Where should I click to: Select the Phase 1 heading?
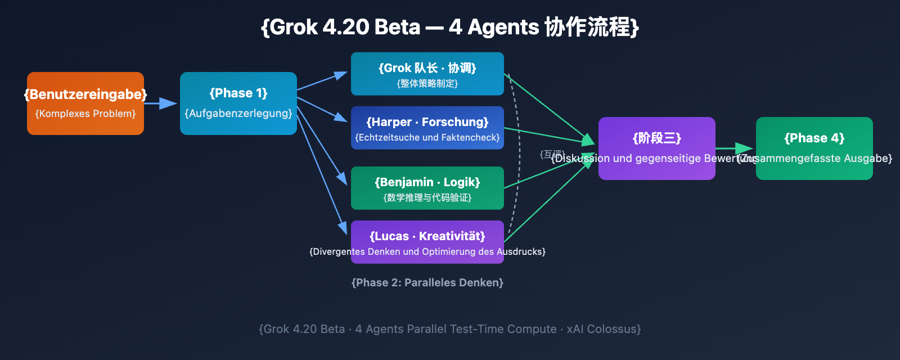click(x=238, y=93)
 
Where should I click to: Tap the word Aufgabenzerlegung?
click(x=238, y=113)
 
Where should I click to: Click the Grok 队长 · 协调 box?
click(x=427, y=74)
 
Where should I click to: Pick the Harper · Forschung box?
click(x=427, y=128)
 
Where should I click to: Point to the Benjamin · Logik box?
click(x=427, y=188)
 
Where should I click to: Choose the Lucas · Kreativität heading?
click(x=427, y=236)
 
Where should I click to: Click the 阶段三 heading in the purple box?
click(x=657, y=138)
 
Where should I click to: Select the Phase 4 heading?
click(x=814, y=138)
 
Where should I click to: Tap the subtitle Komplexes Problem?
click(x=85, y=114)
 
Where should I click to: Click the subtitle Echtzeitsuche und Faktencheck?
click(x=427, y=138)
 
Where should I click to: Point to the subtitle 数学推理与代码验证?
click(x=427, y=198)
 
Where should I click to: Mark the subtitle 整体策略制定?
click(x=427, y=84)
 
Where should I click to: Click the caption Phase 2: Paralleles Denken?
click(x=427, y=282)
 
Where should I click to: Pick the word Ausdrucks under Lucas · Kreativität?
click(x=520, y=251)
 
